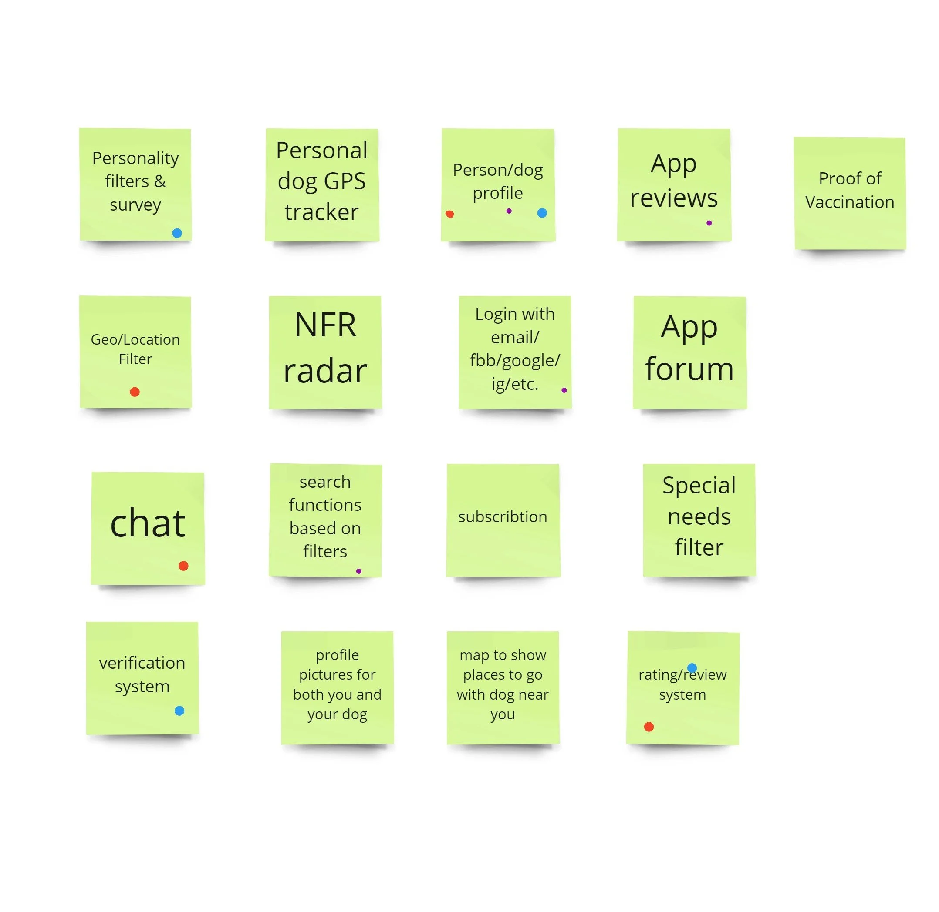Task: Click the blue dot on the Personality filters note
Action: (x=177, y=233)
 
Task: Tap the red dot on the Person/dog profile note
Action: (x=449, y=214)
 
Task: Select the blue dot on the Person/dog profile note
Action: (x=542, y=213)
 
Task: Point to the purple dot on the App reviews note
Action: (x=709, y=223)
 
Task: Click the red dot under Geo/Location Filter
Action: (x=135, y=392)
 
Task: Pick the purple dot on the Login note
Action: (x=564, y=390)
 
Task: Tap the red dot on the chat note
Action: (x=183, y=566)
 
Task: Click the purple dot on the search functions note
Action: (x=358, y=571)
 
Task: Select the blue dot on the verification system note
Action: (x=179, y=711)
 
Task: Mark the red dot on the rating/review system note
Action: (x=649, y=727)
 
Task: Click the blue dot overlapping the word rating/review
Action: (x=692, y=668)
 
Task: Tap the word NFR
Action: (x=325, y=325)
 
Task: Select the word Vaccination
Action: (x=849, y=202)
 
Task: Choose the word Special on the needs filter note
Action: (x=699, y=485)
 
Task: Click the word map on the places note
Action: (x=475, y=655)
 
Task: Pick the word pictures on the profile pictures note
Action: (x=337, y=674)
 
